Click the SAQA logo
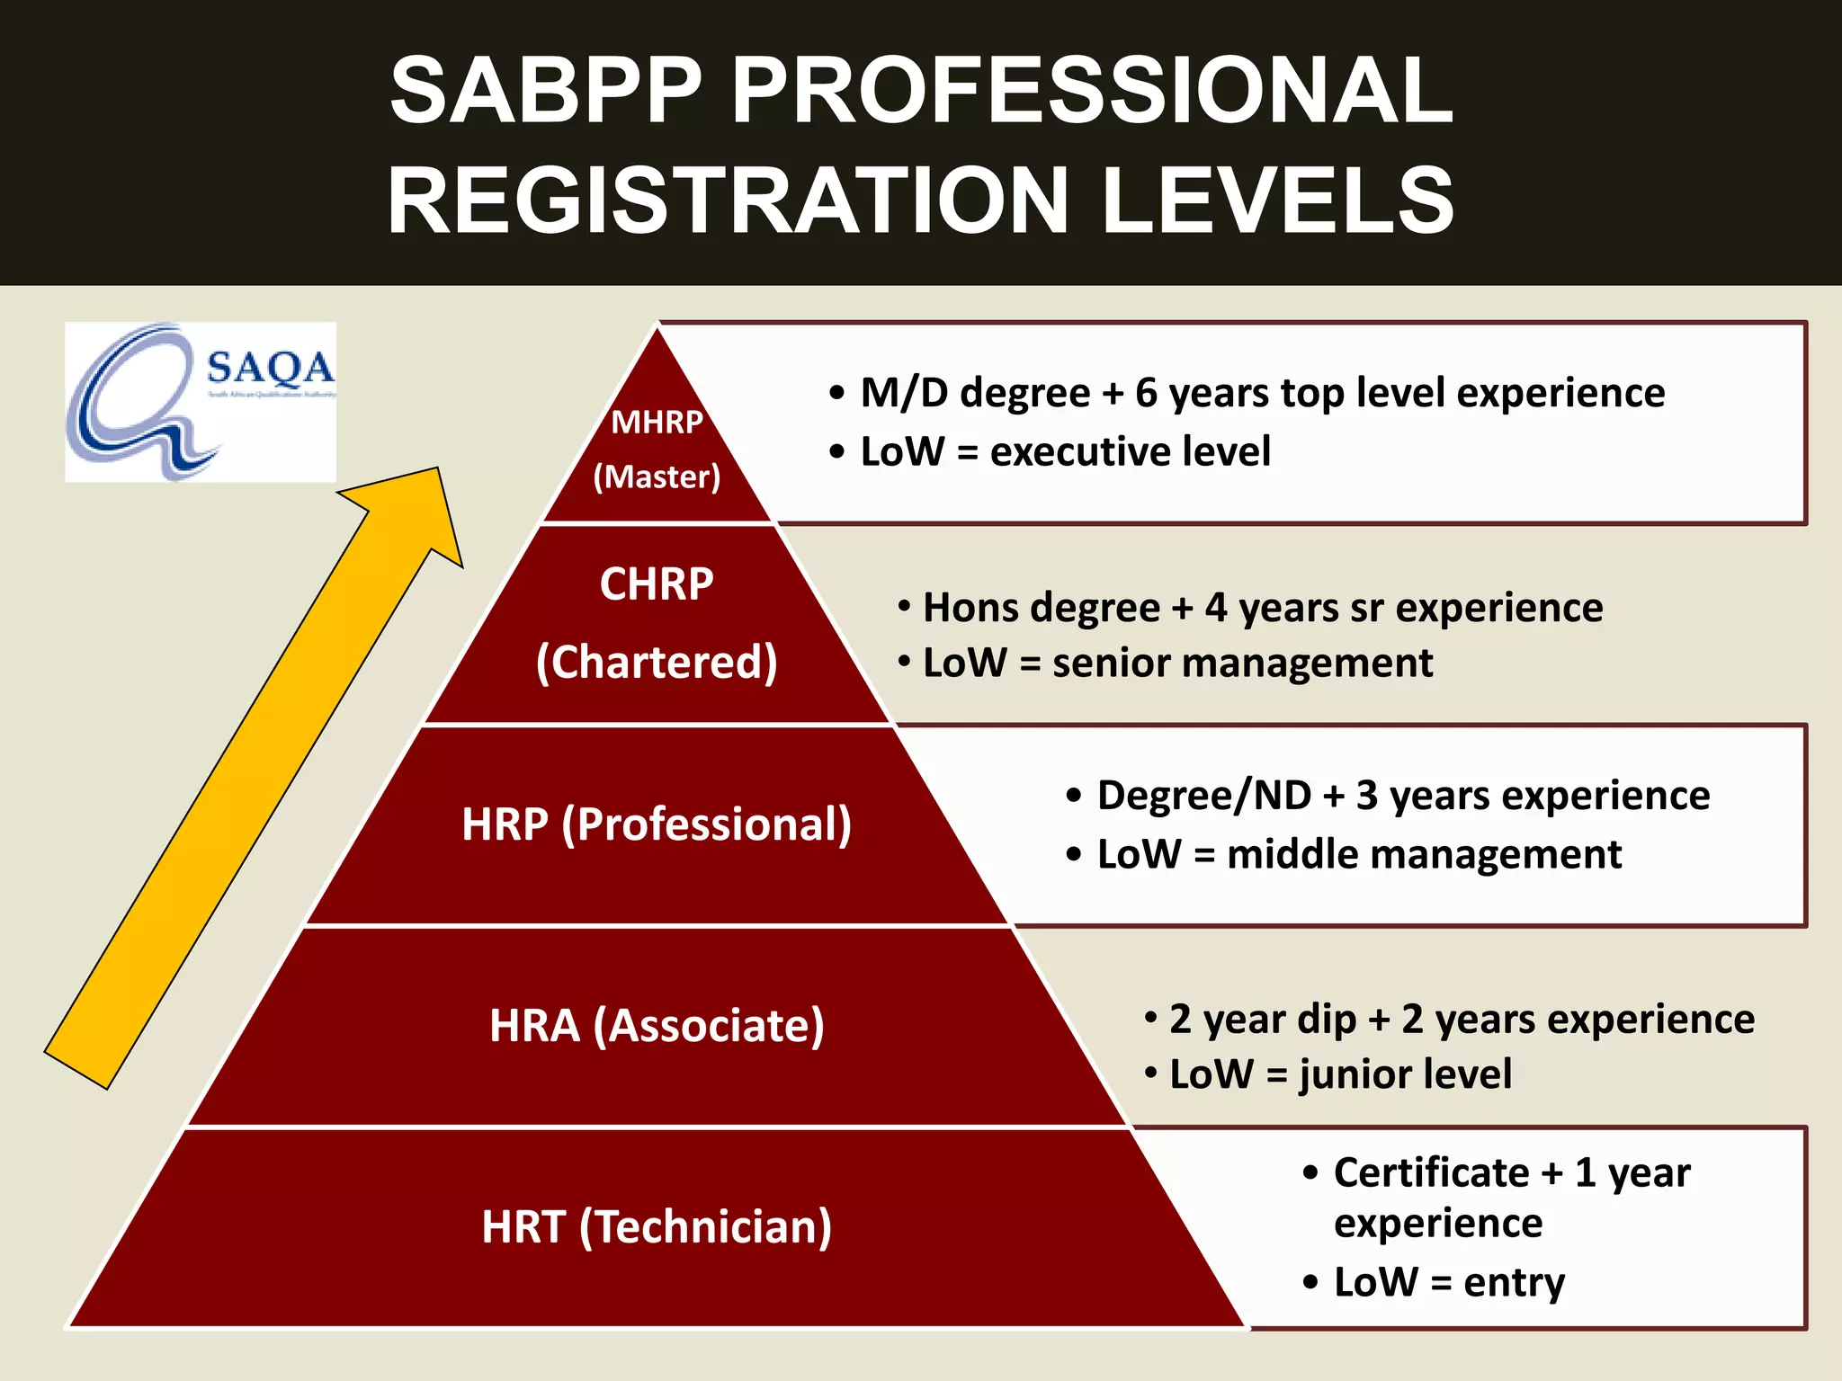pyautogui.click(x=200, y=401)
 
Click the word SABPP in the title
pyautogui.click(x=545, y=90)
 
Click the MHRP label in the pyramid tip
pyautogui.click(x=657, y=422)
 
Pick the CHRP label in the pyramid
pyautogui.click(x=657, y=584)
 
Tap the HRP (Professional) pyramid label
pyautogui.click(x=657, y=824)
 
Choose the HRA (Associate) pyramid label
pyautogui.click(x=657, y=1025)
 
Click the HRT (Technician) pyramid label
pyautogui.click(x=657, y=1226)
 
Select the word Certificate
pyautogui.click(x=1431, y=1172)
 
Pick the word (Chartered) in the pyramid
pyautogui.click(x=657, y=663)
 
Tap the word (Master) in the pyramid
pyautogui.click(x=657, y=477)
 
